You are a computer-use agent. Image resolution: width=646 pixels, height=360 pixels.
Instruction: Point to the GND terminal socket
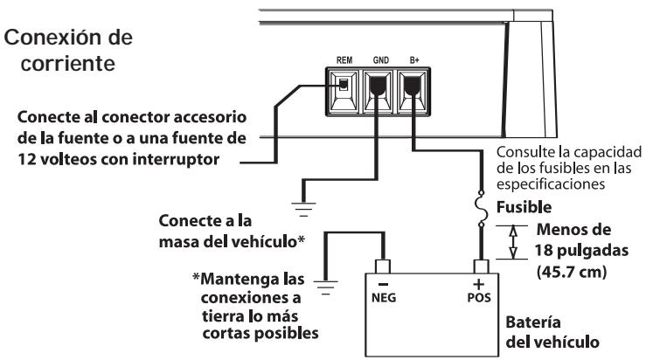click(379, 87)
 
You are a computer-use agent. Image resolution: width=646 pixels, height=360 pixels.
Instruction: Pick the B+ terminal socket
click(411, 87)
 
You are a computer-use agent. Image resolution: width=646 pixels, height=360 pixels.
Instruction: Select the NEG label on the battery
click(383, 296)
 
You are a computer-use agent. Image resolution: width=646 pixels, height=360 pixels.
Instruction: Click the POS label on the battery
click(479, 296)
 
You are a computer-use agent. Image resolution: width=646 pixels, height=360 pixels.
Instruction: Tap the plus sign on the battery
click(479, 282)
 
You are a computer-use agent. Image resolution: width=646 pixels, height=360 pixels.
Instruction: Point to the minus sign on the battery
click(382, 283)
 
